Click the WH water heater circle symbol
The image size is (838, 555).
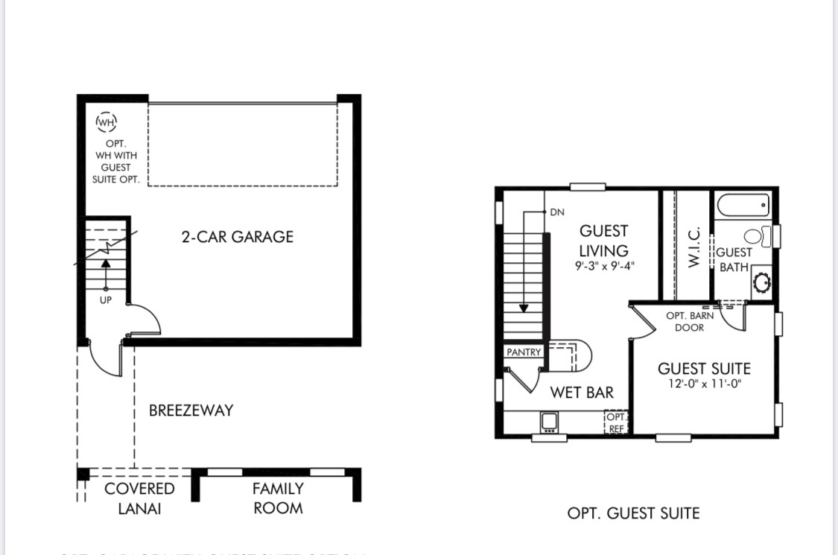click(x=107, y=121)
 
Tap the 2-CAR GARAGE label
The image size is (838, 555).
click(x=238, y=237)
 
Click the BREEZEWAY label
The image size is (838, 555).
click(x=191, y=410)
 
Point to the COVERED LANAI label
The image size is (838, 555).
click(x=139, y=498)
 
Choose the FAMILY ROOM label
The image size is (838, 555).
click(x=278, y=498)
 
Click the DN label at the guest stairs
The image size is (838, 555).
click(x=557, y=212)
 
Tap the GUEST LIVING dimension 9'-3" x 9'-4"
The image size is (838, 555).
click(x=604, y=266)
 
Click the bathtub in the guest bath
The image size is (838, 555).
click(x=742, y=204)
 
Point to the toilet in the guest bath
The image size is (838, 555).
click(x=755, y=237)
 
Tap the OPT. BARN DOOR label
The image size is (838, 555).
click(x=689, y=322)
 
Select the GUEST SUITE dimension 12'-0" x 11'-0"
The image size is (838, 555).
click(x=704, y=384)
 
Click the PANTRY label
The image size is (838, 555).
click(x=524, y=352)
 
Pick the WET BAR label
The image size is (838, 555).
click(x=582, y=392)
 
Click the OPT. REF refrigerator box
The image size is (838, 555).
click(x=617, y=422)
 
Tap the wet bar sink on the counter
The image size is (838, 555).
click(x=550, y=422)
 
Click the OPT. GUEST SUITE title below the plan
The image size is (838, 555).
click(x=633, y=513)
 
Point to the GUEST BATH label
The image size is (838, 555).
click(x=734, y=259)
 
